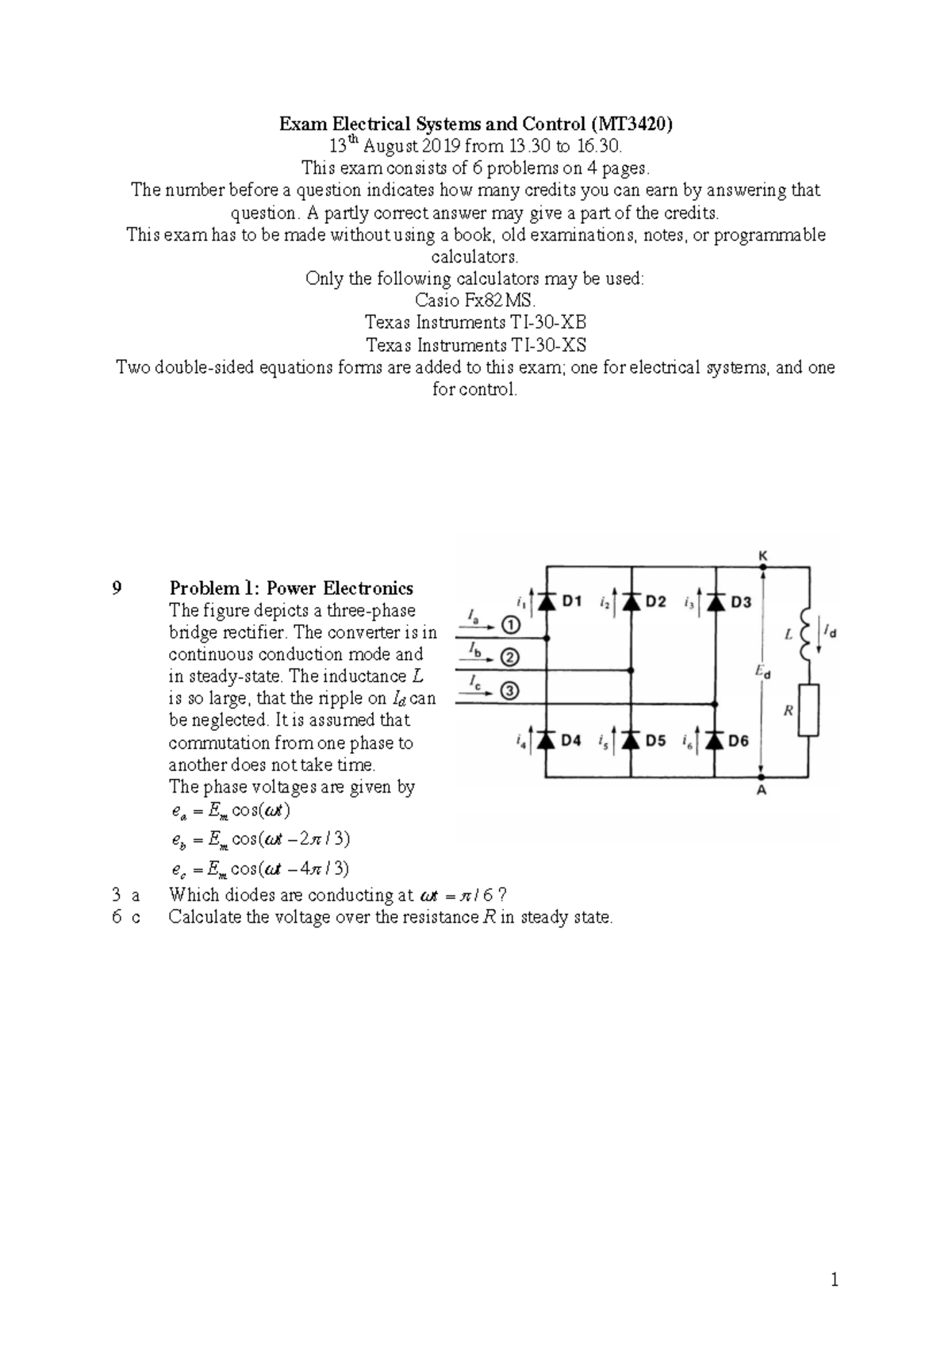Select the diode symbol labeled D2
(x=631, y=602)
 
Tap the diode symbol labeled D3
(x=716, y=602)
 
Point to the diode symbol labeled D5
(x=631, y=740)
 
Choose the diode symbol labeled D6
(x=716, y=740)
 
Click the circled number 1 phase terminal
(x=510, y=626)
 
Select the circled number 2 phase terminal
(x=510, y=658)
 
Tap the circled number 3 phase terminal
(x=510, y=692)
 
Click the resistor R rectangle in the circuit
(x=809, y=711)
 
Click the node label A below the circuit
(x=762, y=791)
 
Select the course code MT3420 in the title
(x=635, y=124)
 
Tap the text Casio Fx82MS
(x=476, y=301)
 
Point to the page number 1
(x=834, y=1280)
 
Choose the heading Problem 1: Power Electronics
(x=291, y=588)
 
